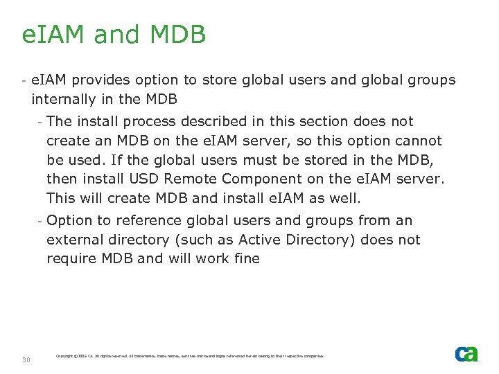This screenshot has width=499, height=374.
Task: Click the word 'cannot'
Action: click(418, 141)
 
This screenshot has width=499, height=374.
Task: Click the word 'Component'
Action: click(256, 179)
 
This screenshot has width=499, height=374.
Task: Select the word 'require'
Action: click(69, 259)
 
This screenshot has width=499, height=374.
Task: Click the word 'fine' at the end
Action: click(246, 259)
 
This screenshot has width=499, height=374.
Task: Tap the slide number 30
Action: click(26, 359)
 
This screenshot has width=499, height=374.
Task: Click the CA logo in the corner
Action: click(466, 354)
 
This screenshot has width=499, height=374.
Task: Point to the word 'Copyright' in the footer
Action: click(64, 356)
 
